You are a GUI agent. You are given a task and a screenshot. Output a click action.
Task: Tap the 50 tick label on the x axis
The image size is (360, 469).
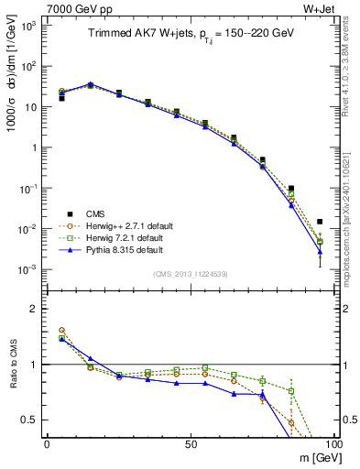tap(190, 444)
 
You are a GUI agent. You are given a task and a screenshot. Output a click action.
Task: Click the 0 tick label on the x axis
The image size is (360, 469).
tap(47, 444)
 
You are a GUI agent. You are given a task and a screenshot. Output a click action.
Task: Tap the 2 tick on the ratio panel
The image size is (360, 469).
tap(35, 310)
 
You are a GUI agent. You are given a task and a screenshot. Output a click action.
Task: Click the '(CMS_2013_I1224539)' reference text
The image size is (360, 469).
tap(190, 274)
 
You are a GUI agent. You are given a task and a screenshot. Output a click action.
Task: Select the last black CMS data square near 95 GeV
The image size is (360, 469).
tap(320, 221)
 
